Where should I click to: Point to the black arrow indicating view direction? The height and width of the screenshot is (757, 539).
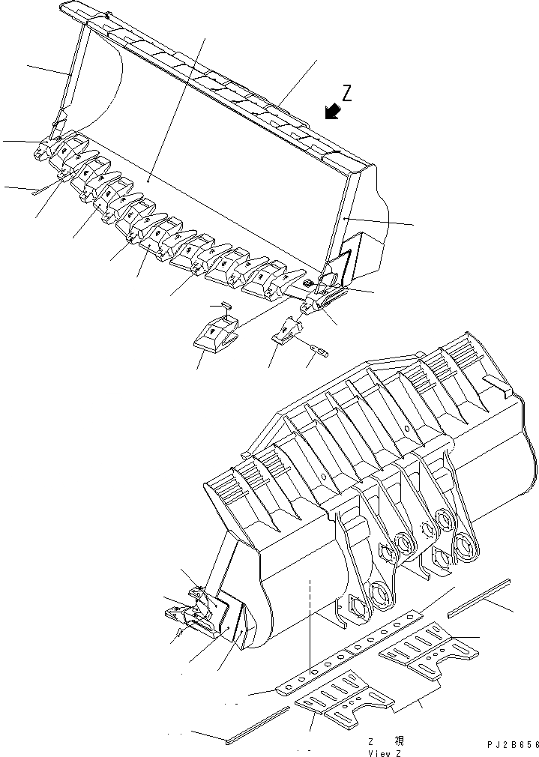click(x=332, y=112)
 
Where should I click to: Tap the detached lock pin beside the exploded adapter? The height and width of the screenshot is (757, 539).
click(x=319, y=349)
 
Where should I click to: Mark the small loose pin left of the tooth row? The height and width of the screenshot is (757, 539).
click(x=38, y=191)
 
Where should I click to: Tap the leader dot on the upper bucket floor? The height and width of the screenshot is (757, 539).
click(x=148, y=181)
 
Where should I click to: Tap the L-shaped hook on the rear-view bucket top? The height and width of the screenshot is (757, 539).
click(x=498, y=386)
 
